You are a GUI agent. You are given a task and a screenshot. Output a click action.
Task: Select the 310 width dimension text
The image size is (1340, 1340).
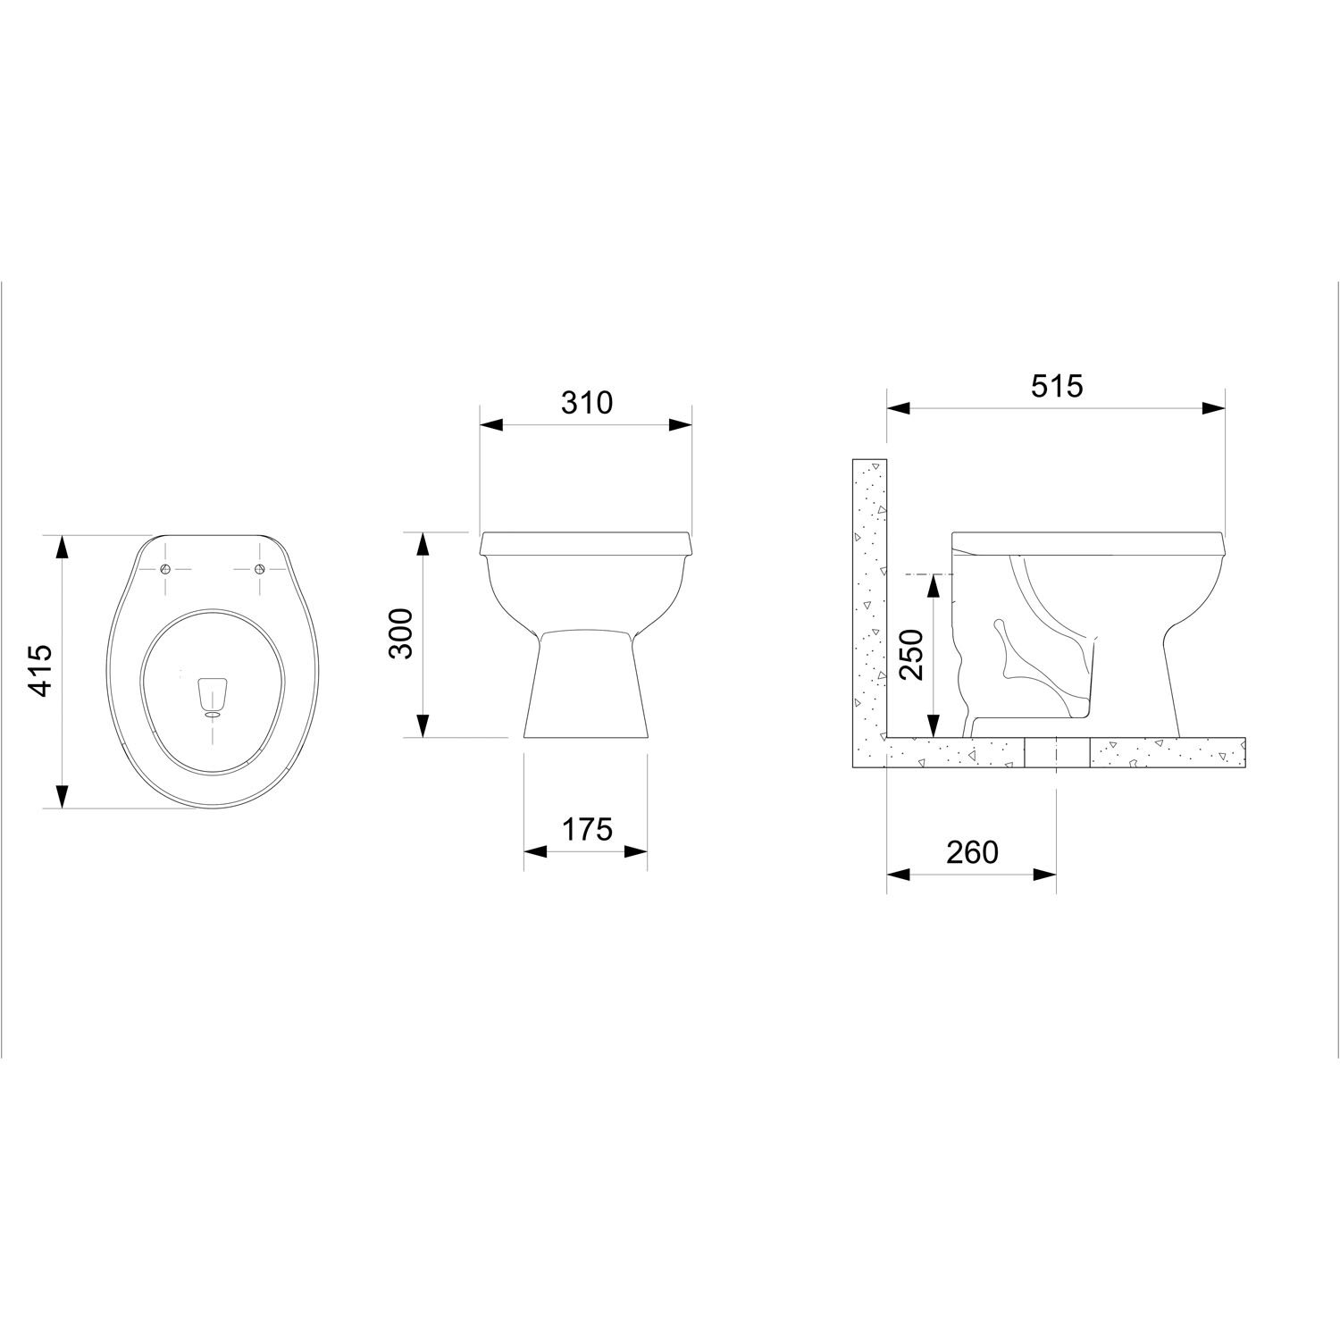click(x=587, y=403)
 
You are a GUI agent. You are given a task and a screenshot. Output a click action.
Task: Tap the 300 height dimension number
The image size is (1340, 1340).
click(x=402, y=633)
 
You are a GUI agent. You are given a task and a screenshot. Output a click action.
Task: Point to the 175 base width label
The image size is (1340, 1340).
click(x=587, y=830)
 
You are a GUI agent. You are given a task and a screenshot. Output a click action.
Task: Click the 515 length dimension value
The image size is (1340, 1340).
click(x=1056, y=386)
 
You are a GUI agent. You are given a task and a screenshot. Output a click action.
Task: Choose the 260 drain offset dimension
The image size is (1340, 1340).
click(x=972, y=853)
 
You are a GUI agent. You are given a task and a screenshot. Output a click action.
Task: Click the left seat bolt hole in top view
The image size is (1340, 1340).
click(x=165, y=570)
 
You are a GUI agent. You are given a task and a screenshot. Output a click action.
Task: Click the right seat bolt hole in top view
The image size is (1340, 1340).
click(x=259, y=570)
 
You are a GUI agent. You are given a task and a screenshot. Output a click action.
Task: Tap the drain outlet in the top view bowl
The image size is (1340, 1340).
click(x=213, y=713)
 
